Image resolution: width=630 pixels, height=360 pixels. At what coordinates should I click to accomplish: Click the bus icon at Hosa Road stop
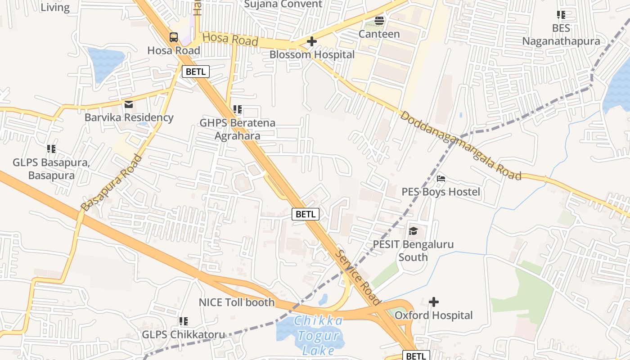pos(174,37)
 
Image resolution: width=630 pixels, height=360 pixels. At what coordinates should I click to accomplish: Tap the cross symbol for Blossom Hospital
pos(311,42)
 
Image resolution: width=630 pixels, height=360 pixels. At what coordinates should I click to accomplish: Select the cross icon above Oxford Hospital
pos(434,301)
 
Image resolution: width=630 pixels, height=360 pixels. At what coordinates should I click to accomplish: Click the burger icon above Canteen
pos(379,21)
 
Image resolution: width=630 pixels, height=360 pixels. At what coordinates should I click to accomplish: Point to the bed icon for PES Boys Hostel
pos(441,179)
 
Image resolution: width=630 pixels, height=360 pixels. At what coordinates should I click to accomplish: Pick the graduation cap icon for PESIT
pos(413,231)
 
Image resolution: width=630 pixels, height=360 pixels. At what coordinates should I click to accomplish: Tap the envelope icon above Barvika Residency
pos(129,105)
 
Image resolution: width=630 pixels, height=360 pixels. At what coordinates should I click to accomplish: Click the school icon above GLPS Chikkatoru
pos(183,321)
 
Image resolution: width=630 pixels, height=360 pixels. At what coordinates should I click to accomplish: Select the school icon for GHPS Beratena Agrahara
pos(238,109)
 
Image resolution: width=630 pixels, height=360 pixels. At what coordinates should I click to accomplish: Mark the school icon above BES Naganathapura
pos(561,15)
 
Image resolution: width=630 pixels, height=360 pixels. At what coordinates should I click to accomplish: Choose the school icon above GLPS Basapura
pos(51,148)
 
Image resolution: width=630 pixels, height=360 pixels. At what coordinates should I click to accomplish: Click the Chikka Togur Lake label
pos(318,336)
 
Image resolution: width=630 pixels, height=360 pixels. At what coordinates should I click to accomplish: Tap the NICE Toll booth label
pos(237,302)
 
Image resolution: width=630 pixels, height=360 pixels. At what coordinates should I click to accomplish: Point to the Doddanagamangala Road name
pos(461,145)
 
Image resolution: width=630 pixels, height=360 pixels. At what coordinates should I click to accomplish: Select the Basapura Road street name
pos(112,183)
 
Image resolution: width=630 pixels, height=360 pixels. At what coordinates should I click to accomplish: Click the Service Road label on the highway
pos(358,277)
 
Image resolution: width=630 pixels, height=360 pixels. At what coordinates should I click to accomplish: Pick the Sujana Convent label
pos(283,4)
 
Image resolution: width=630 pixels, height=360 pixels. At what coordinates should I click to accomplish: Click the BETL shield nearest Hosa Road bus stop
pos(196,72)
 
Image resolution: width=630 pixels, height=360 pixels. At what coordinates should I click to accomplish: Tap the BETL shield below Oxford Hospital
pos(416,356)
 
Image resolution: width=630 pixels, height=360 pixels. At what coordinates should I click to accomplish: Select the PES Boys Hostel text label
pos(441,192)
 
